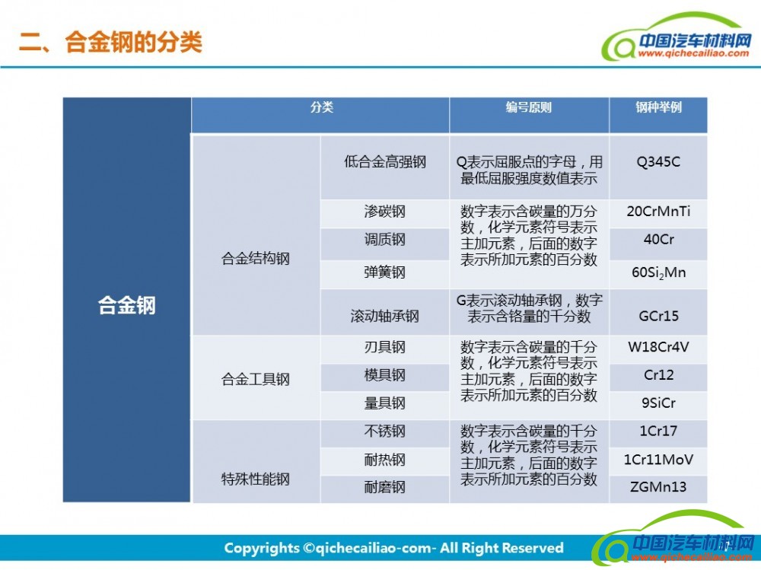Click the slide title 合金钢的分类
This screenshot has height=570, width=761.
(x=133, y=43)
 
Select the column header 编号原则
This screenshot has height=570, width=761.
(x=529, y=107)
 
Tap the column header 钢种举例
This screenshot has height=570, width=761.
(x=658, y=107)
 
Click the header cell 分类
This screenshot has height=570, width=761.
(x=322, y=107)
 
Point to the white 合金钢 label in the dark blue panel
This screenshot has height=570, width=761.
(x=126, y=305)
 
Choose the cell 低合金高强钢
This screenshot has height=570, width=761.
(x=385, y=161)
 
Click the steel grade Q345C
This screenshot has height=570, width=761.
(x=658, y=161)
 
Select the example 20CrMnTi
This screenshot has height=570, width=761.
(x=658, y=212)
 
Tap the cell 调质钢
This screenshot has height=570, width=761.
(x=385, y=240)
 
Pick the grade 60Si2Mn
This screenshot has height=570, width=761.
(x=658, y=273)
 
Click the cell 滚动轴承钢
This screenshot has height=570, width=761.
(x=385, y=316)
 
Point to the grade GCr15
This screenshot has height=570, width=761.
(x=658, y=316)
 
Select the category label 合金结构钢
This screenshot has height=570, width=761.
(x=255, y=258)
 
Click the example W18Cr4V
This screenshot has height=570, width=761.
(x=658, y=347)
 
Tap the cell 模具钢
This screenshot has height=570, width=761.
(x=385, y=375)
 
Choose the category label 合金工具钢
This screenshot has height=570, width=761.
(x=255, y=379)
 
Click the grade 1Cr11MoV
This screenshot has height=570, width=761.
(x=658, y=460)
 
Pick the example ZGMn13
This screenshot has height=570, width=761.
(x=658, y=486)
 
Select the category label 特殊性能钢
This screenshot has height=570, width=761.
(x=255, y=479)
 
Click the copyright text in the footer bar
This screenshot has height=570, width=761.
(x=393, y=548)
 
